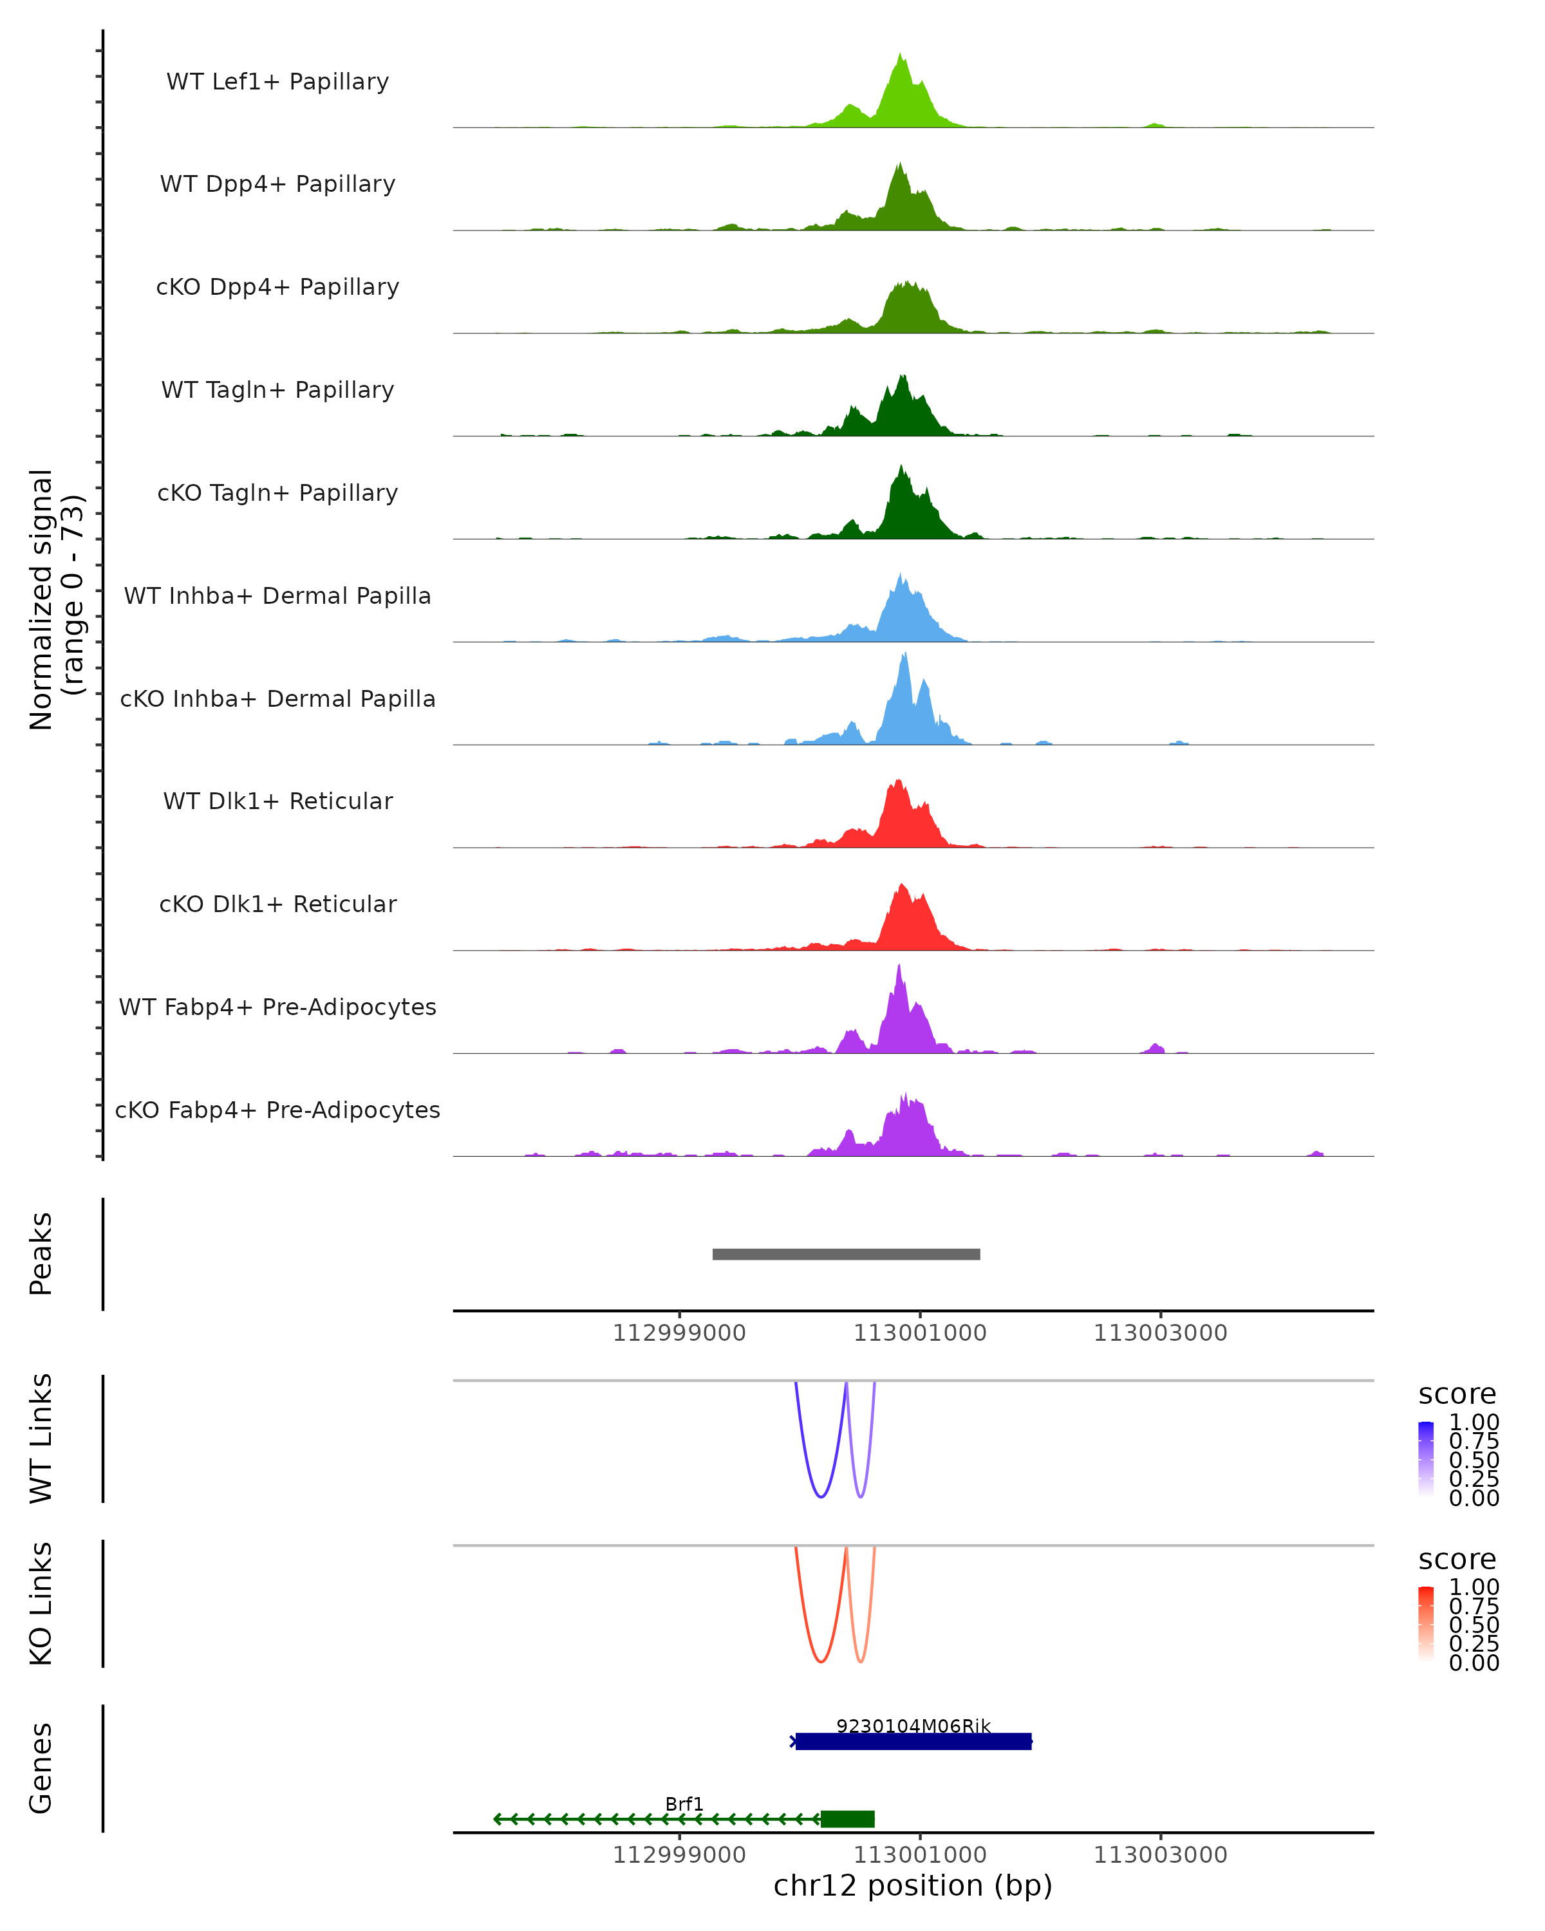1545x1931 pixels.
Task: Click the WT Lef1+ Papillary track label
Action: (277, 82)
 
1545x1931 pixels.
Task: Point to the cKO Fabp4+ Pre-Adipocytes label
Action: (277, 1110)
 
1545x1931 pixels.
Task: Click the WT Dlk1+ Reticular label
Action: (277, 801)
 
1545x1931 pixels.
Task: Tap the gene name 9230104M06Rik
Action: (913, 1726)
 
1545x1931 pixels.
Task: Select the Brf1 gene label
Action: (684, 1804)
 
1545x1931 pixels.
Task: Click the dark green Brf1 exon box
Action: (847, 1819)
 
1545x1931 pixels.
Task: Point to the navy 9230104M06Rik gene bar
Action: (913, 1741)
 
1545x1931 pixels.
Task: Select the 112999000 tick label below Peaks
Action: (679, 1333)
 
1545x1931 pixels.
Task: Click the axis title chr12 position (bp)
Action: (913, 1886)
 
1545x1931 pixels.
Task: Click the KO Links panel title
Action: (41, 1603)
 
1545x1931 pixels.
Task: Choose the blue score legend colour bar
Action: (1426, 1459)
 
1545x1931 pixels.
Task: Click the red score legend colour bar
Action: (1426, 1624)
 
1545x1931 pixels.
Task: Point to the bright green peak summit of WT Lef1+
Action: (901, 55)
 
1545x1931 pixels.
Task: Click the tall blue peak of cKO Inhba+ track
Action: (904, 657)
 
